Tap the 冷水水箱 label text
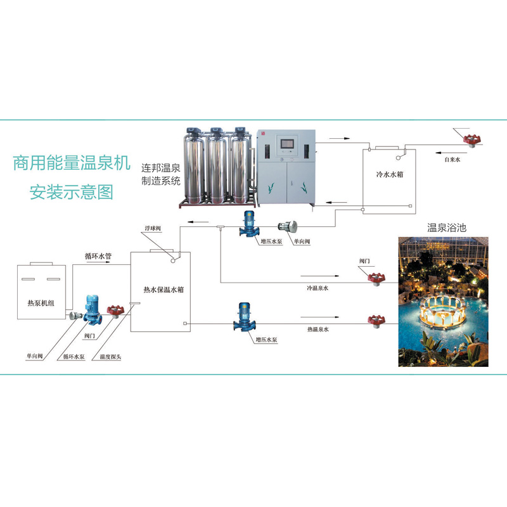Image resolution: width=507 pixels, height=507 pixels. pos(390,174)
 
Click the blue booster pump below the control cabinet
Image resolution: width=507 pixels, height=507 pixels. pos(248,224)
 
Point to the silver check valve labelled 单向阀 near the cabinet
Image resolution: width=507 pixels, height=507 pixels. pos(288,226)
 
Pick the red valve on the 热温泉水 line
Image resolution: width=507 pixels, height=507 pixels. pos(376,321)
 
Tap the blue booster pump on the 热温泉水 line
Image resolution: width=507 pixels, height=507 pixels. pos(244,317)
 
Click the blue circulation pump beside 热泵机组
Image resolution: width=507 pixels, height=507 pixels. pos(93,309)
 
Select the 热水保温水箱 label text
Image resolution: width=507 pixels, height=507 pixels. pos(164,290)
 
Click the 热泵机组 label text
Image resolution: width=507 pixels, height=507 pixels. pos(41,303)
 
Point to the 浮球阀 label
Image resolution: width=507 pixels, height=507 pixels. pos(153,228)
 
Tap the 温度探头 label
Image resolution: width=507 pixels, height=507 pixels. pos(110,357)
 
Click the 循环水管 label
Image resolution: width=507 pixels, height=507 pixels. pos(98,256)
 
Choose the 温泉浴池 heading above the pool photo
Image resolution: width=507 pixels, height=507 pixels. pos(447,228)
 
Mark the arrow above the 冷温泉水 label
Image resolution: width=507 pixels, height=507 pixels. pos(320,276)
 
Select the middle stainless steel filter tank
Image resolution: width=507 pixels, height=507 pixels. pos(216,166)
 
